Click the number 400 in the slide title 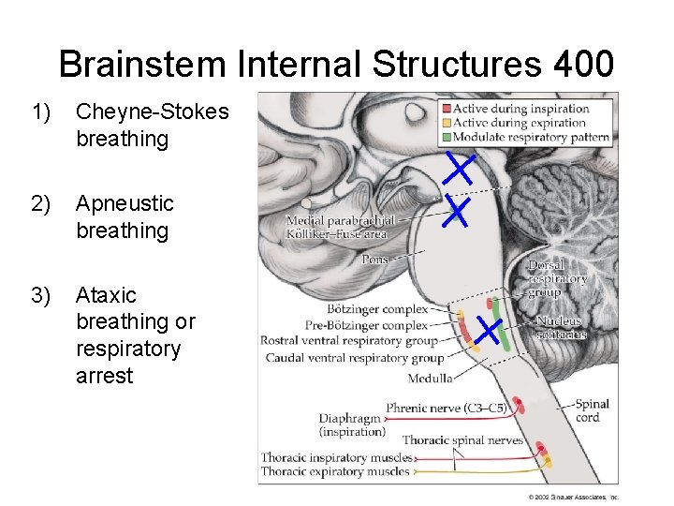click(583, 65)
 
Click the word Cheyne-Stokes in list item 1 click(152, 112)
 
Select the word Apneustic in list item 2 click(125, 203)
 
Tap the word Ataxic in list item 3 click(106, 295)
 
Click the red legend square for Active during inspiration click(447, 108)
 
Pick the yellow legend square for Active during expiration click(447, 122)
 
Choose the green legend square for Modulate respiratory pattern click(447, 137)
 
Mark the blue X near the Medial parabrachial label click(456, 212)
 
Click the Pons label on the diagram click(375, 259)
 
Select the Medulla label click(430, 379)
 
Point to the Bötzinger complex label click(377, 307)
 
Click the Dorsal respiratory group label click(558, 278)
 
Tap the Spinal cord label click(592, 410)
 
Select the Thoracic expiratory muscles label click(335, 471)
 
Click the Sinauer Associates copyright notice click(573, 497)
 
